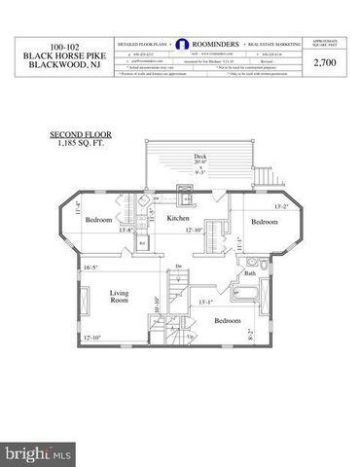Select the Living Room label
pyautogui.click(x=120, y=296)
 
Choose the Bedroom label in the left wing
pyautogui.click(x=99, y=220)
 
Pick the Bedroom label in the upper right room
pyautogui.click(x=266, y=223)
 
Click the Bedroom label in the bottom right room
pyautogui.click(x=229, y=320)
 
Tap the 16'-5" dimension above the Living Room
pyautogui.click(x=92, y=267)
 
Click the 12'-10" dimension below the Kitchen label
pyautogui.click(x=193, y=231)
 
